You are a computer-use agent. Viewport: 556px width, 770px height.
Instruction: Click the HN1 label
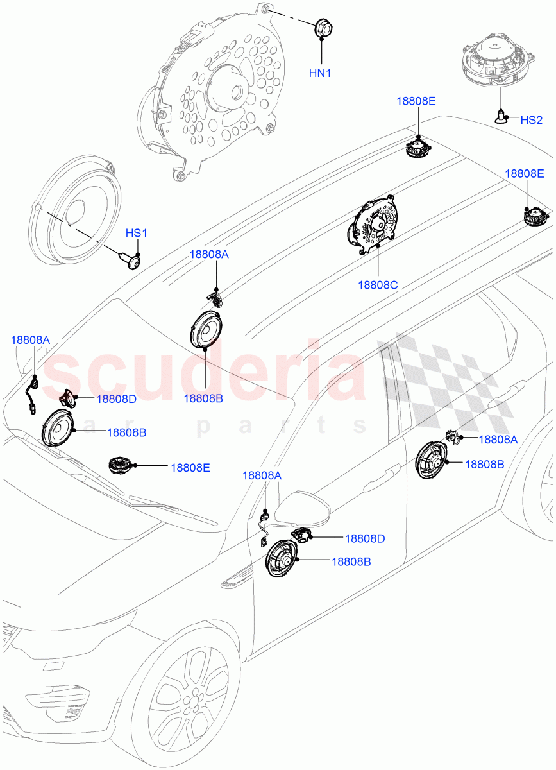320,73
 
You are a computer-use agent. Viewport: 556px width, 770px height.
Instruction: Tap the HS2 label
531,120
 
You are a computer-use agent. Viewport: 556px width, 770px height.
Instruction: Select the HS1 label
136,234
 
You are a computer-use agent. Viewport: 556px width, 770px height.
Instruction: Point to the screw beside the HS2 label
500,117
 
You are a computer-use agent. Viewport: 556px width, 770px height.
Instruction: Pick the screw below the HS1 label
133,259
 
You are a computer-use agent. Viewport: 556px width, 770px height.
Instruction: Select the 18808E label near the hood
190,468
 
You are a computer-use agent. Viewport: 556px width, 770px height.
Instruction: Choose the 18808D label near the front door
364,538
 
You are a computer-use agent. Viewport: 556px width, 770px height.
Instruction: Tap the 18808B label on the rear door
484,464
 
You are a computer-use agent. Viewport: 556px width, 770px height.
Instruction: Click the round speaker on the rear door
430,461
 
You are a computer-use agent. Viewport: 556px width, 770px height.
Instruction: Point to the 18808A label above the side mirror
262,475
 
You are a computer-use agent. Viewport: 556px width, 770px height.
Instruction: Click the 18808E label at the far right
525,174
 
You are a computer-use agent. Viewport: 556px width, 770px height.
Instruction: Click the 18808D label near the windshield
116,399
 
